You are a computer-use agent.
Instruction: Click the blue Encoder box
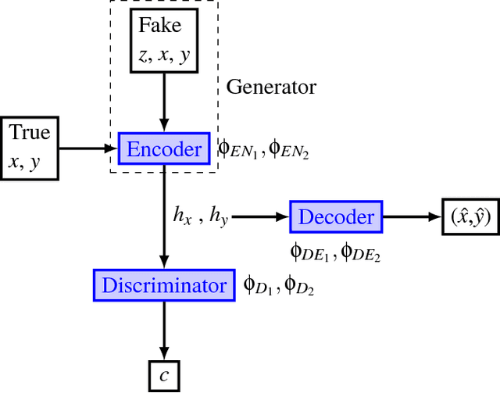tap(163, 148)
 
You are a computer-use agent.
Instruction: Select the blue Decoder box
tap(337, 216)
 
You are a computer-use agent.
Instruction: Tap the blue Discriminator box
tap(163, 285)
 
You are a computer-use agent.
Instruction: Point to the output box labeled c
tap(163, 376)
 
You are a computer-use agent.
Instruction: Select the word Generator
tap(271, 87)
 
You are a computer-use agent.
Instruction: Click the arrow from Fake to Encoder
tap(163, 102)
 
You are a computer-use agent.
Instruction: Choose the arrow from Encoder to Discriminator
tap(163, 234)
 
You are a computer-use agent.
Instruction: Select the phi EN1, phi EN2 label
tap(262, 148)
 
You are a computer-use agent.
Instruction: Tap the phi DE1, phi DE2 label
tap(335, 251)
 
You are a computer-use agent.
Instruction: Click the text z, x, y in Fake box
tap(163, 55)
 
